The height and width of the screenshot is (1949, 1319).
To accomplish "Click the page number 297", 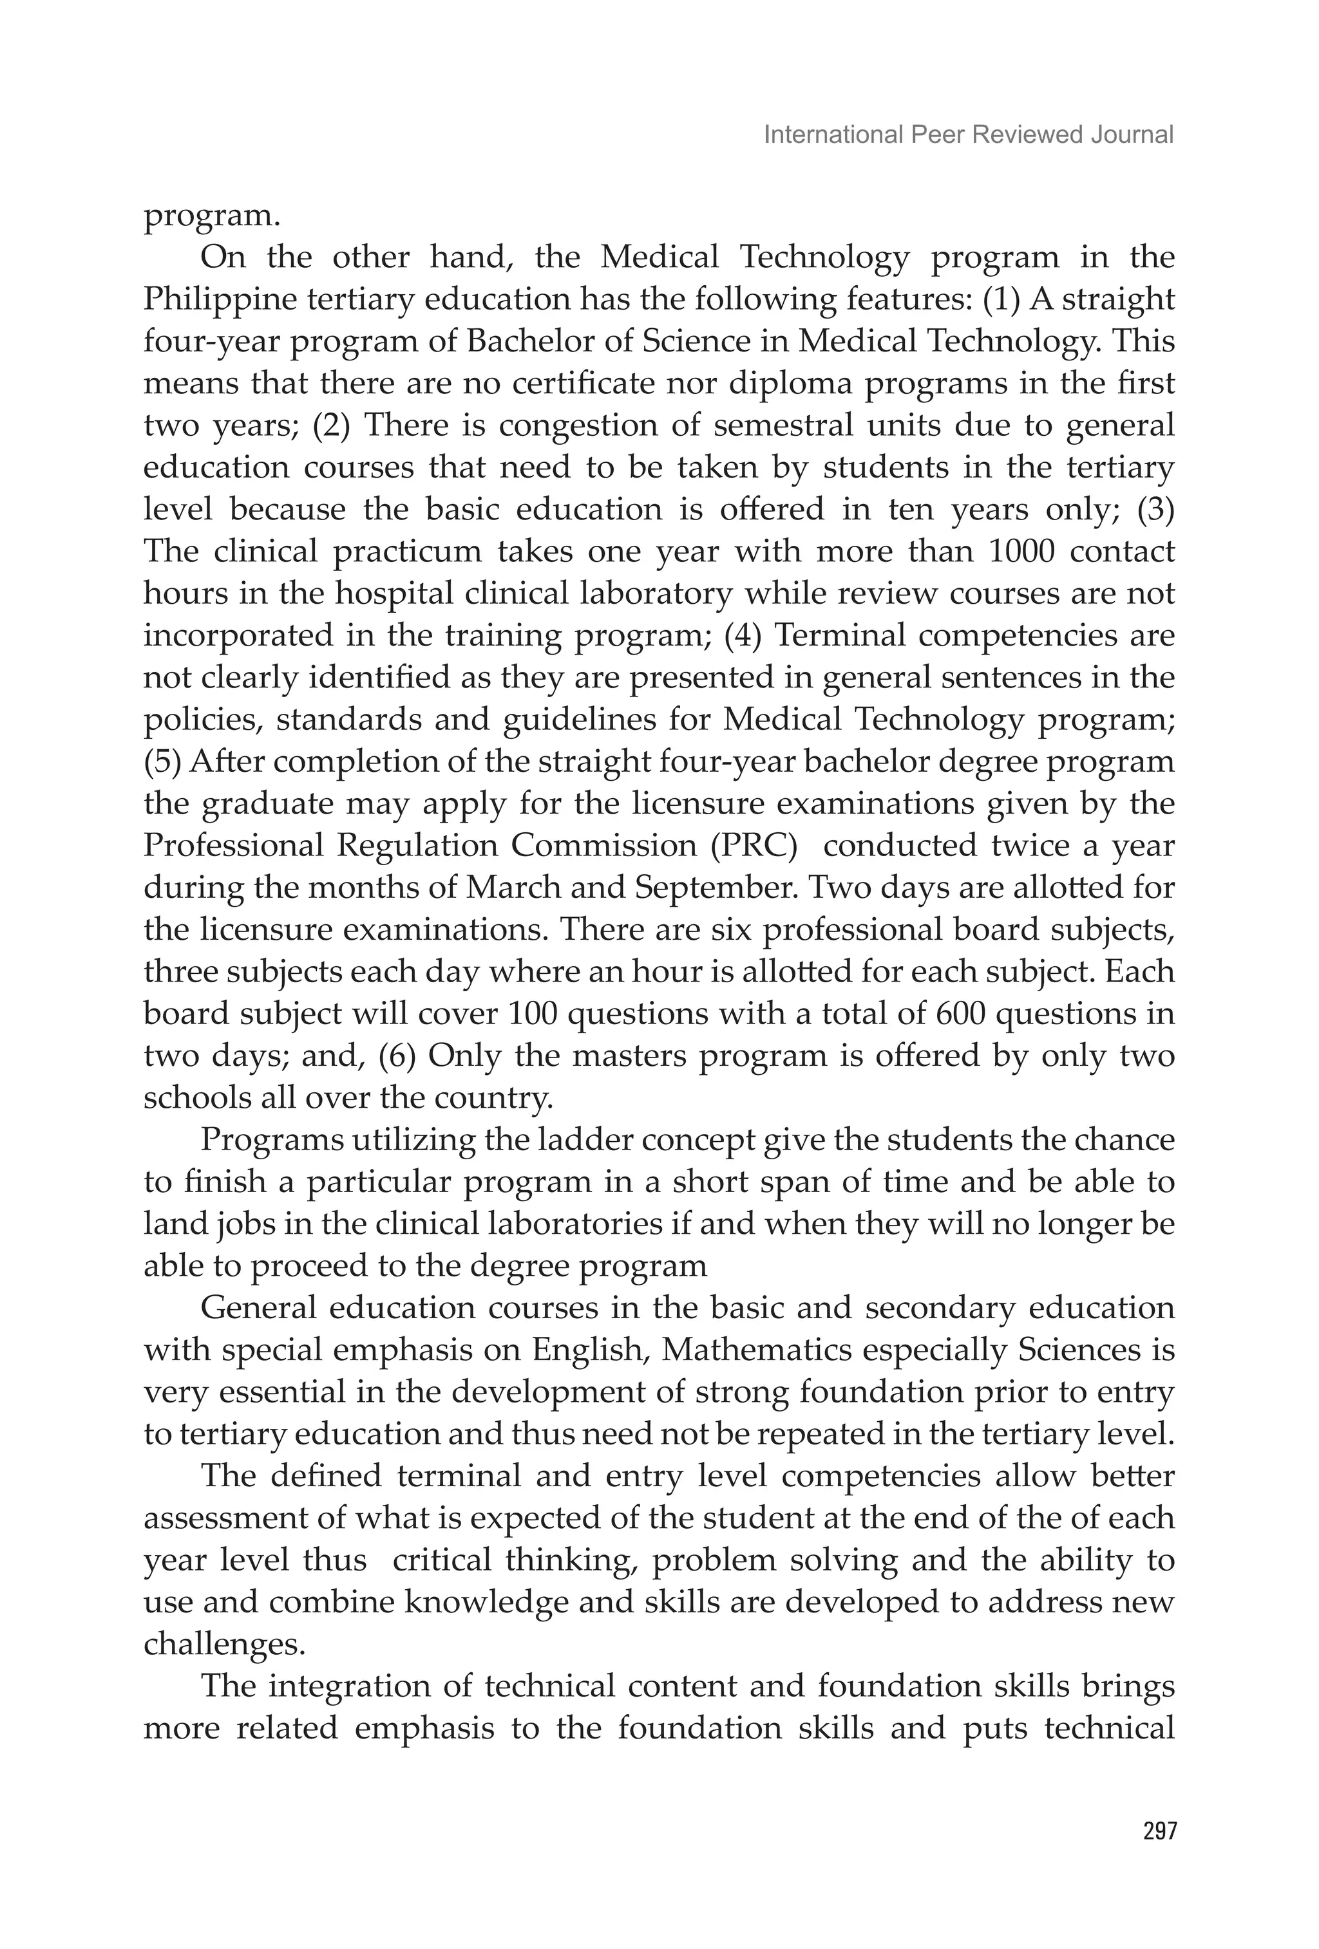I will pos(1159,1831).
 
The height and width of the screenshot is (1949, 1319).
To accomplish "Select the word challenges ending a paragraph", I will pos(223,1645).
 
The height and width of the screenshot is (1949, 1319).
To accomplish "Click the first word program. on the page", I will pos(211,216).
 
